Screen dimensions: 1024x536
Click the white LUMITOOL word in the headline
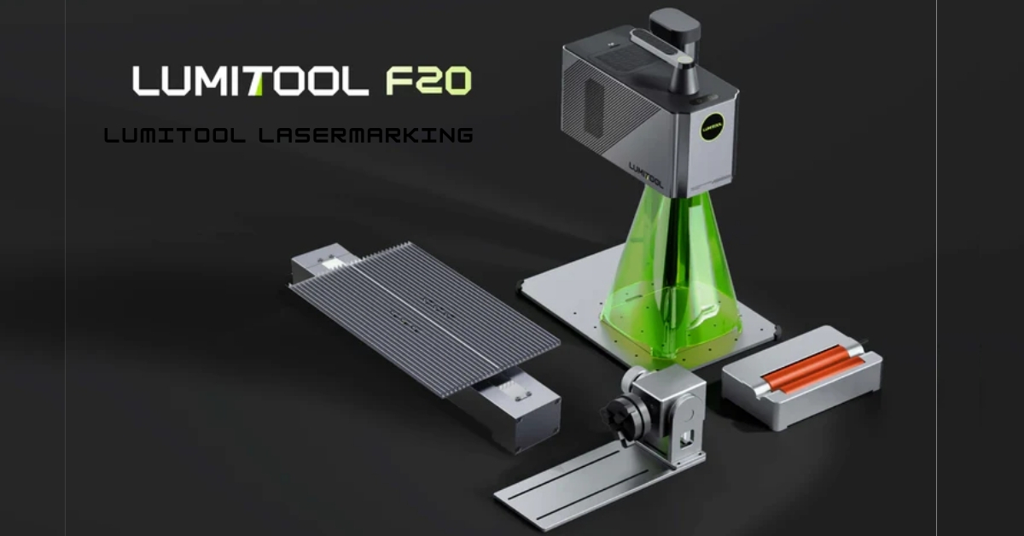click(251, 81)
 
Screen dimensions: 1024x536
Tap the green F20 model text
click(428, 81)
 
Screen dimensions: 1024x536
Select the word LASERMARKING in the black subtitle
click(366, 136)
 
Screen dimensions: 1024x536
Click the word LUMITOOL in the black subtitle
click(175, 136)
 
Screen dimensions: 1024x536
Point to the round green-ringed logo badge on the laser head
click(713, 126)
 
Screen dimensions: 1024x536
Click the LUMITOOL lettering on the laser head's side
click(645, 175)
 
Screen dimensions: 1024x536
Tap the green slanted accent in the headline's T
click(259, 85)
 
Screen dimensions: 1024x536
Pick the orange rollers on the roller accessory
click(814, 369)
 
